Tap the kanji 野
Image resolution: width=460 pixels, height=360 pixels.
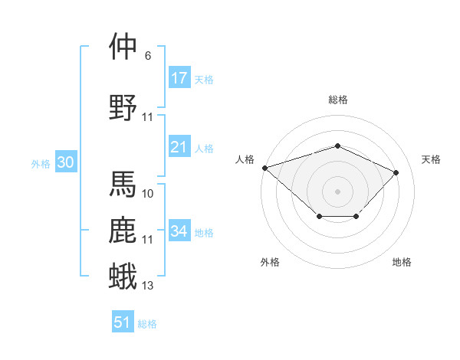tap(123, 106)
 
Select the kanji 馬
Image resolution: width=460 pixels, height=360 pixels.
tap(123, 184)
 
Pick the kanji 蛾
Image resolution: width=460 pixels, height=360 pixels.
tap(123, 276)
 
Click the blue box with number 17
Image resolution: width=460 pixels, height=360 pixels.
tap(179, 78)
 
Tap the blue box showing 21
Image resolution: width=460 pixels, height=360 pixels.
tap(179, 147)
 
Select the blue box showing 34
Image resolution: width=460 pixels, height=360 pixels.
tap(179, 231)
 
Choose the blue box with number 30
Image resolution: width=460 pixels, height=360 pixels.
tap(65, 162)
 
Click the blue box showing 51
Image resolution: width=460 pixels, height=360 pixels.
tap(123, 322)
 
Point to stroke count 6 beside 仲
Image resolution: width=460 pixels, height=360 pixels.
tap(147, 56)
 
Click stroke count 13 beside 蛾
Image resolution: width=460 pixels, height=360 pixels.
tap(148, 286)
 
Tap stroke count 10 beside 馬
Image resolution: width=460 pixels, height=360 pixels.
tap(148, 194)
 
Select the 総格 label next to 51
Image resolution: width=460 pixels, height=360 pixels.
tap(147, 324)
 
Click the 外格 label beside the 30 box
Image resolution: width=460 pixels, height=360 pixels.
tap(40, 164)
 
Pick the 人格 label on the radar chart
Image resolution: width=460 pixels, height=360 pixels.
tap(245, 159)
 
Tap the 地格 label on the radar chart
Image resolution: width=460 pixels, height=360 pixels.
tap(402, 262)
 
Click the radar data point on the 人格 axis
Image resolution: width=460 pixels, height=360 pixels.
tap(264, 168)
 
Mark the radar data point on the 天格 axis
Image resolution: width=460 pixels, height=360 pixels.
tap(396, 172)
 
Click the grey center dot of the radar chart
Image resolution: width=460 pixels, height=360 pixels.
tap(337, 191)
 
